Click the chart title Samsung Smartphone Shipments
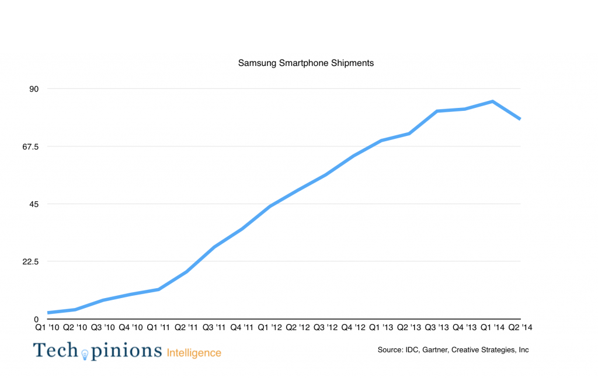pyautogui.click(x=305, y=63)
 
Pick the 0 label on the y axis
pyautogui.click(x=36, y=320)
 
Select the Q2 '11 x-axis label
pyautogui.click(x=186, y=328)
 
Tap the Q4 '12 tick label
pyautogui.click(x=354, y=328)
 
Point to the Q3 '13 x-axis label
pyautogui.click(x=437, y=328)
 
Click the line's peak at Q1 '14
pyautogui.click(x=493, y=101)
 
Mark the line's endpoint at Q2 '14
pyautogui.click(x=520, y=119)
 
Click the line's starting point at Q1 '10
pyautogui.click(x=48, y=313)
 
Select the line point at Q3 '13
pyautogui.click(x=437, y=111)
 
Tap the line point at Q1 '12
pyautogui.click(x=270, y=206)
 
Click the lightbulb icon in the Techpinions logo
pyautogui.click(x=84, y=353)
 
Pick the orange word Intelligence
pyautogui.click(x=194, y=353)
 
